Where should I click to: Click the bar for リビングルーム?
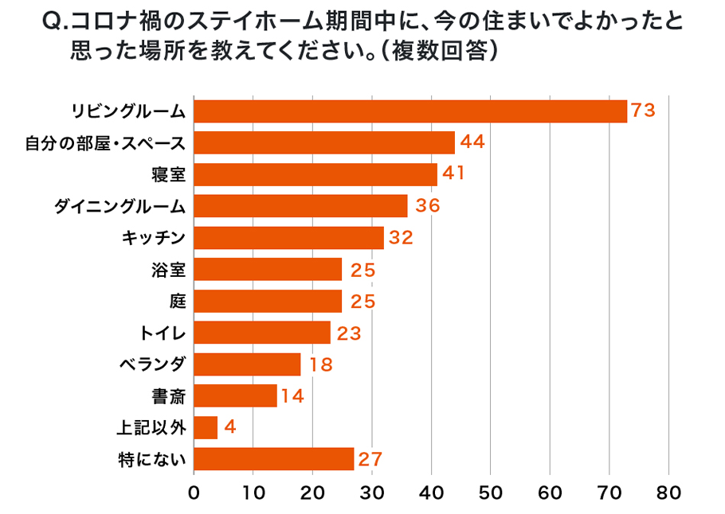pos(410,111)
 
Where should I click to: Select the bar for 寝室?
pos(315,174)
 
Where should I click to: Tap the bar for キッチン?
pos(288,238)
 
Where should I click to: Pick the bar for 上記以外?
pos(206,428)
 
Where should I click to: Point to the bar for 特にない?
pos(273,459)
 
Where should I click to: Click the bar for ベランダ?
pos(247,364)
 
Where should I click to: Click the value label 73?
pos(642,111)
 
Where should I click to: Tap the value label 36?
pos(424,206)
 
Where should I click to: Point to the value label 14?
pos(292,396)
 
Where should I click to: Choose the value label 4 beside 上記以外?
pos(230,428)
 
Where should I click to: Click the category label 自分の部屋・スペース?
pos(105,143)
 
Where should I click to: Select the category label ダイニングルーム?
pos(120,206)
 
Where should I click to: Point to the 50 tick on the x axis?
pos(491,493)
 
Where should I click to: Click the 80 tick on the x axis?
pos(668,493)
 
